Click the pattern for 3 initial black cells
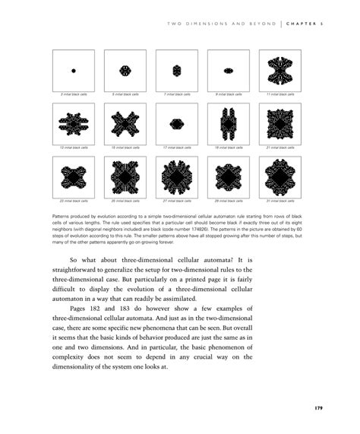[x=74, y=71]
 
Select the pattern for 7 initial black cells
[x=176, y=71]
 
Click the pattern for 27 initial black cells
[x=176, y=176]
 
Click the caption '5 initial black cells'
[x=125, y=94]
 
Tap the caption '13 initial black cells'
[x=74, y=147]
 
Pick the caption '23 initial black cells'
[x=74, y=201]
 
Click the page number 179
[x=320, y=409]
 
